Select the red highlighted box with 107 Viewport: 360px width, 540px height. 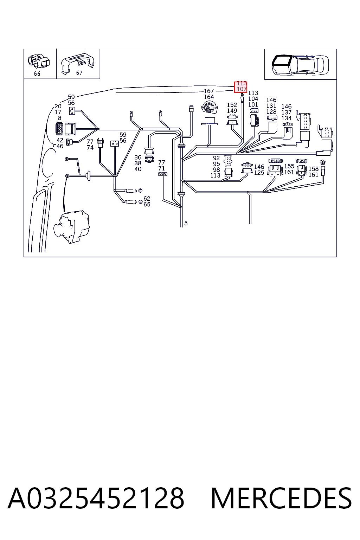pos(240,87)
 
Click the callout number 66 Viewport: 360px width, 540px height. pos(37,74)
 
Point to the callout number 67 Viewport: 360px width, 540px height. pos(79,73)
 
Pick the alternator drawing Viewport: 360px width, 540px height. pos(72,226)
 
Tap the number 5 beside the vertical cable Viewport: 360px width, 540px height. pos(186,223)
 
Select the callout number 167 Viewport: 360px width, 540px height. pos(209,91)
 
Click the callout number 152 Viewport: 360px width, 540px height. pos(232,105)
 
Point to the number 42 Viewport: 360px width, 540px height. pos(60,140)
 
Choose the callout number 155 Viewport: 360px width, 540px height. pos(289,166)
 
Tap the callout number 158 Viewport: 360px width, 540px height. pos(314,169)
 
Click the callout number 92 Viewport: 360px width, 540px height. pos(216,158)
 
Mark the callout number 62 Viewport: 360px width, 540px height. pos(147,198)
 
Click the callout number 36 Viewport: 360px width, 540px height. pos(138,157)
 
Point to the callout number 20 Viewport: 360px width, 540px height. pos(58,106)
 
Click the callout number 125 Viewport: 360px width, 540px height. pos(259,173)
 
